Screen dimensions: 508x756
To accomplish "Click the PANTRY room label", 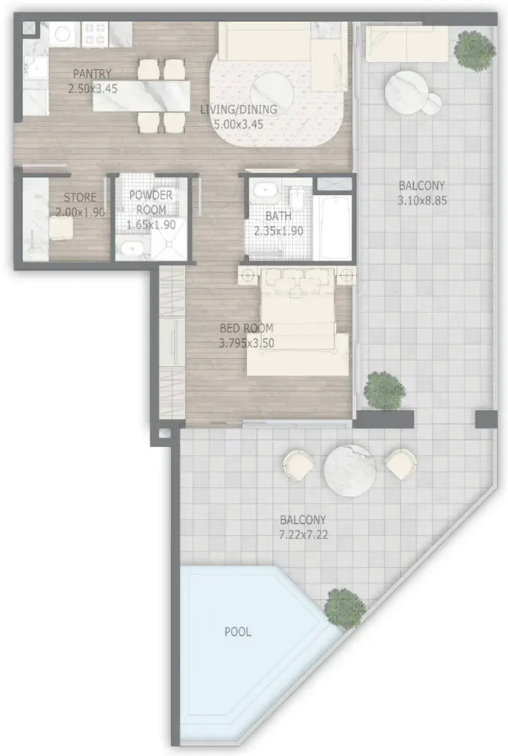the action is (x=92, y=74).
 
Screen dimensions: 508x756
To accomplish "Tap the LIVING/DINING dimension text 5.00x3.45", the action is (x=239, y=124).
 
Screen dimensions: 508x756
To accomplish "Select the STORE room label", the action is (x=80, y=197).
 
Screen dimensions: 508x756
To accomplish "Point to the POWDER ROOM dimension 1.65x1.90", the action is (x=151, y=225).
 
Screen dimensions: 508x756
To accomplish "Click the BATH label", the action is (x=278, y=216).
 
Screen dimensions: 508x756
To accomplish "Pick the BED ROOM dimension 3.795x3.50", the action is (x=247, y=343).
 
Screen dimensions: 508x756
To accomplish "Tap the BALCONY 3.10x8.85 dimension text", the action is (x=422, y=201).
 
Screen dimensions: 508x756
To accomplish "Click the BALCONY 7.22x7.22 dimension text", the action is (x=304, y=535).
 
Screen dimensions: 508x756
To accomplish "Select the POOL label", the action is (x=237, y=632).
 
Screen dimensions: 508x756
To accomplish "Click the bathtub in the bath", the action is (x=332, y=227).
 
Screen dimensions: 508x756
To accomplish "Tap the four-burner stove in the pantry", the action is (x=94, y=34).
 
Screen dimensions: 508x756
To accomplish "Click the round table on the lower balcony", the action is (x=350, y=471).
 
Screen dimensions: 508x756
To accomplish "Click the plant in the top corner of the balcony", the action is (x=474, y=50).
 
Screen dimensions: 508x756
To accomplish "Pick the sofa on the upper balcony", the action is (x=407, y=44).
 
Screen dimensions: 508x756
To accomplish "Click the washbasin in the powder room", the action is (x=132, y=248).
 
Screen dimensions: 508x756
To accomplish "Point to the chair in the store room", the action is (x=61, y=228).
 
